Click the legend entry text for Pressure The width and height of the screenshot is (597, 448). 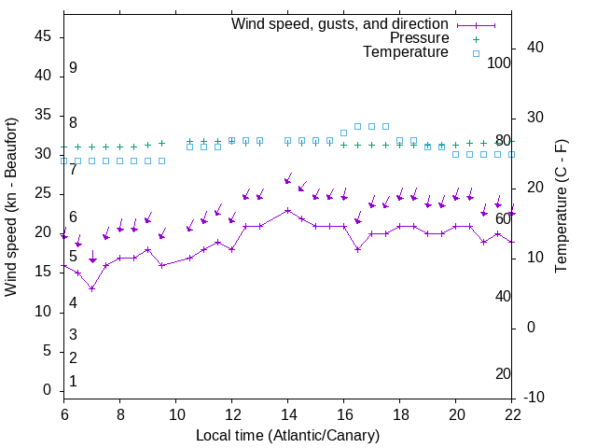[x=420, y=38]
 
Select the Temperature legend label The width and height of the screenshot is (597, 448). [x=406, y=52]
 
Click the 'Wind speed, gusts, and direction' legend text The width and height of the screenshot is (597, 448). [x=340, y=23]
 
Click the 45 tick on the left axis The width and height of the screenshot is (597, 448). [x=43, y=36]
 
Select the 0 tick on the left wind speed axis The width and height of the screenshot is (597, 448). [x=48, y=390]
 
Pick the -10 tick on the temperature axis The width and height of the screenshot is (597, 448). [x=535, y=398]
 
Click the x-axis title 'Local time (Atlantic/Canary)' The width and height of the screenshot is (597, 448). [x=288, y=436]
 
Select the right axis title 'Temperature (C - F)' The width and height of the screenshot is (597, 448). [x=561, y=207]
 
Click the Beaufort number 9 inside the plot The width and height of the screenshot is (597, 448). [x=73, y=68]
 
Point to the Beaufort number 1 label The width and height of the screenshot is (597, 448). [x=73, y=382]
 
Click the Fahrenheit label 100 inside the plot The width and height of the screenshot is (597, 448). [x=499, y=63]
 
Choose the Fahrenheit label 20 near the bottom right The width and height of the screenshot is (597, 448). [x=503, y=374]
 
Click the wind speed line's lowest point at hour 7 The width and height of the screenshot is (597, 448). [x=92, y=288]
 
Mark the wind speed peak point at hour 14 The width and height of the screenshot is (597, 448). [x=288, y=210]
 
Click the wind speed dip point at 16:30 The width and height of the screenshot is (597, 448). [x=358, y=249]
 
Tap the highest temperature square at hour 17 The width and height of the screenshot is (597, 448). [x=372, y=126]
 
